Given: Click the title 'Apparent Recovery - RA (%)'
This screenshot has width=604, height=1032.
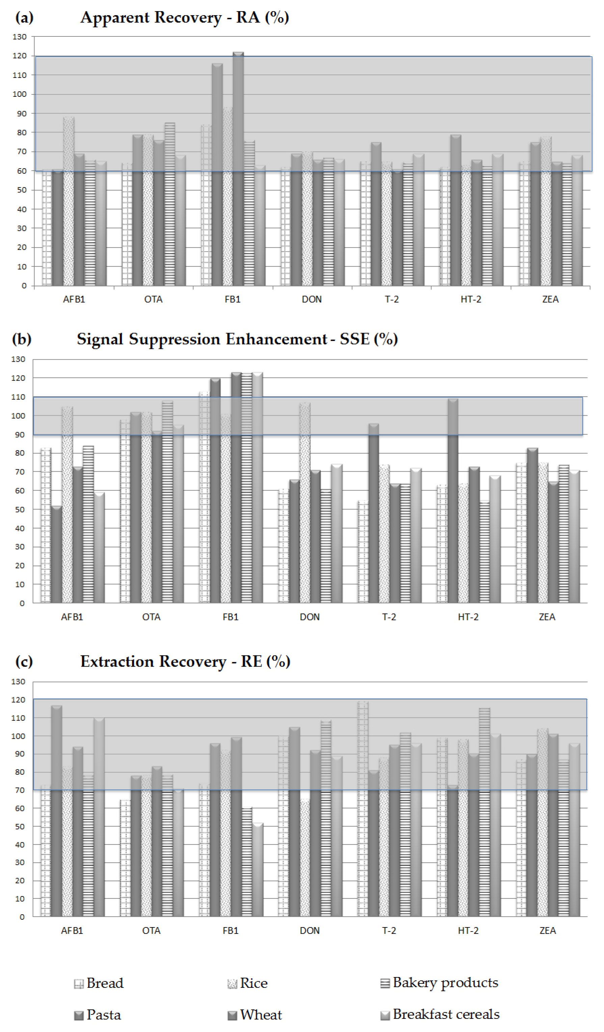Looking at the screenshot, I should click(x=184, y=18).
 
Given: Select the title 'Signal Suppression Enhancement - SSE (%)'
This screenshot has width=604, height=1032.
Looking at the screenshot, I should click(x=237, y=339).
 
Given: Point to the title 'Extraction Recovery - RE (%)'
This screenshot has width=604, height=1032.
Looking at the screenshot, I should click(x=185, y=661).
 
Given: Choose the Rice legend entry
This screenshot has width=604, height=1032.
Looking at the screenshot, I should click(x=248, y=983).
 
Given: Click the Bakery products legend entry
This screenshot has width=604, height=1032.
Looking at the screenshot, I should click(x=439, y=982).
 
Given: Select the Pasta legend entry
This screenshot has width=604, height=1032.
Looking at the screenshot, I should click(x=98, y=1015).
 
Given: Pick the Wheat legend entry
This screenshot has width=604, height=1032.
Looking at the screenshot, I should click(x=255, y=1015).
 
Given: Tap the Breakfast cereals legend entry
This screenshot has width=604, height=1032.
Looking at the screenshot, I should click(x=440, y=1014).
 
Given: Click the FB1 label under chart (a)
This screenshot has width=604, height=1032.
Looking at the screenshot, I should click(x=232, y=299).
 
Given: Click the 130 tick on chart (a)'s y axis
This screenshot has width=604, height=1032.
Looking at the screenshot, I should click(x=19, y=37).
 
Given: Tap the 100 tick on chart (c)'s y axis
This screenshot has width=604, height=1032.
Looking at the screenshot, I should click(x=19, y=736).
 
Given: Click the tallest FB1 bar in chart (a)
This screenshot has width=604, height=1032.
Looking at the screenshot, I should click(x=238, y=168).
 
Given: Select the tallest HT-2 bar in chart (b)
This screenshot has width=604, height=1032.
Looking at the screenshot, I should click(x=453, y=500).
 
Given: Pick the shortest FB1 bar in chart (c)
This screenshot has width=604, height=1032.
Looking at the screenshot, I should click(x=257, y=870).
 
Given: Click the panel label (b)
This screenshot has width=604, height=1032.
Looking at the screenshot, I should click(x=21, y=339).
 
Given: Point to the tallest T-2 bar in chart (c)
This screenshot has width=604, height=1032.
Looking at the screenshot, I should click(x=363, y=809).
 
